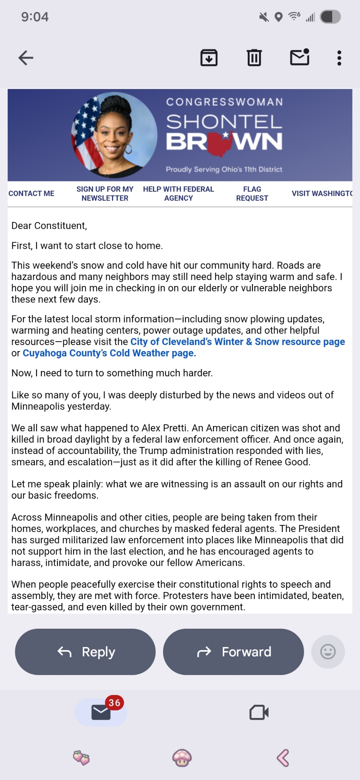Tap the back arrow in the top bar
click(x=26, y=58)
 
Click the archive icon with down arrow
click(x=209, y=58)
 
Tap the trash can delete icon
click(x=254, y=58)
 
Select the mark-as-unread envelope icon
click(x=300, y=57)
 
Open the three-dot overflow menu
click(x=339, y=58)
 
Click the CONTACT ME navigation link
click(x=31, y=193)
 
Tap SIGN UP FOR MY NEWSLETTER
click(x=105, y=193)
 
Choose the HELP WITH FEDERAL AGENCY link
click(x=178, y=193)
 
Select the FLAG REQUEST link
click(x=252, y=193)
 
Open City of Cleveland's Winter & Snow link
click(x=237, y=342)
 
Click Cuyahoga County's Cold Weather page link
click(x=109, y=353)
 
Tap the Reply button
click(x=85, y=652)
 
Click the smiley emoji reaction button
click(x=328, y=652)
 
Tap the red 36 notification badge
click(x=114, y=703)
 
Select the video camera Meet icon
click(x=259, y=712)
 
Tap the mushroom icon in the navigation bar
click(x=182, y=758)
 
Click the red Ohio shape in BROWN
click(x=220, y=143)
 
